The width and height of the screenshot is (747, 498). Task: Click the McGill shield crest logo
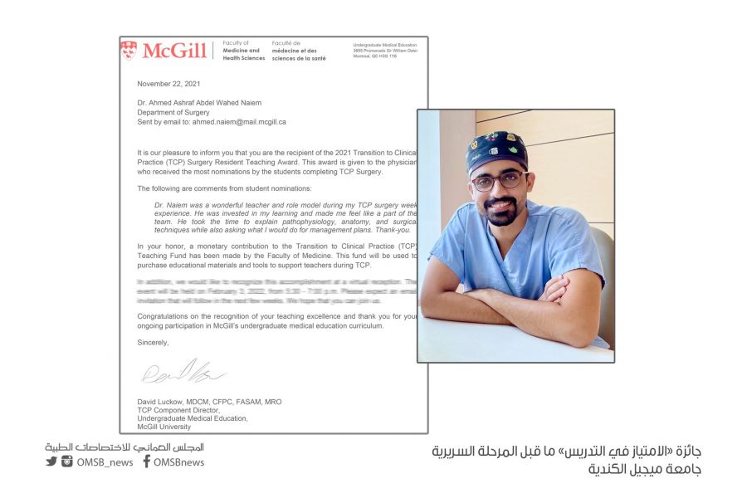coord(129,51)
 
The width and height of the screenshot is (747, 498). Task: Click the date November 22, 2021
coord(168,84)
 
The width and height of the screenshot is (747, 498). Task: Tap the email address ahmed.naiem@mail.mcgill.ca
coord(239,121)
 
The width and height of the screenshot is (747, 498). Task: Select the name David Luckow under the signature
coord(162,402)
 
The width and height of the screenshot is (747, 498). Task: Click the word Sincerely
coord(153,342)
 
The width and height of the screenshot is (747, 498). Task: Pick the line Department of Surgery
coord(173,112)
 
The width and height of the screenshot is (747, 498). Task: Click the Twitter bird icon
coord(51,461)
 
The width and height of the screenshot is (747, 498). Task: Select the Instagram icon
coord(67,461)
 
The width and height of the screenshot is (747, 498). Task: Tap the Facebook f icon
coord(146,461)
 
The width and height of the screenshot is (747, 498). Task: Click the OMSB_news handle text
coord(105,462)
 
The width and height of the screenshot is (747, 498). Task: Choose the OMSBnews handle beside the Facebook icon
coord(178,462)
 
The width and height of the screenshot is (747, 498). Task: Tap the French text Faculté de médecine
coord(299,51)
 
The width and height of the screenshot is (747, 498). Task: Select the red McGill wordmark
coord(173,51)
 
